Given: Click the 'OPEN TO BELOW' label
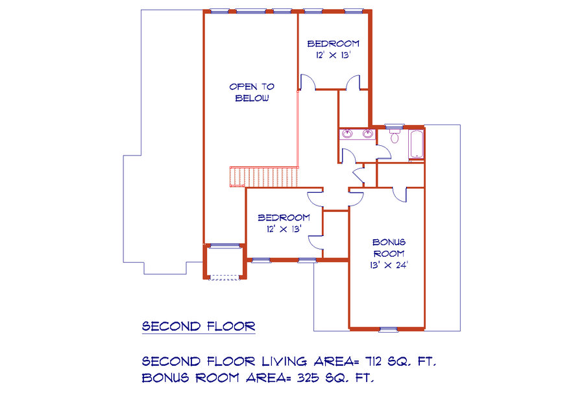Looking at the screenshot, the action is tap(252, 92).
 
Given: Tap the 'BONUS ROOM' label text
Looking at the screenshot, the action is tap(389, 248).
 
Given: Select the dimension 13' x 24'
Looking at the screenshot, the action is tap(389, 265).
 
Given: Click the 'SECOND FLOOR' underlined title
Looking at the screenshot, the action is tap(199, 326).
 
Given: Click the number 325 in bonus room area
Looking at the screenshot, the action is tap(308, 378).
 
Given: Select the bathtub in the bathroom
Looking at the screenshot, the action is tap(417, 145).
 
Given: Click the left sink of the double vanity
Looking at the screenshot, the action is tap(347, 134).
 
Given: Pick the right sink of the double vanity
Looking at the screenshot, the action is tap(368, 134).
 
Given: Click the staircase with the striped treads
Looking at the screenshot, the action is tap(264, 176).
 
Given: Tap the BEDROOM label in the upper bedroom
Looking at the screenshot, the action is tap(334, 43).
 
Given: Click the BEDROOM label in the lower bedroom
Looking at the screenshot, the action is tap(284, 217).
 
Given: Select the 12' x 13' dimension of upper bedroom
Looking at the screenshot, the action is tap(334, 55).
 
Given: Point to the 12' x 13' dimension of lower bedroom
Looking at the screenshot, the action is tap(284, 229).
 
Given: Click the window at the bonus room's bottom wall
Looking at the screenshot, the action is tap(389, 329).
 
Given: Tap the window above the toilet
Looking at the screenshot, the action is tap(394, 126).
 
